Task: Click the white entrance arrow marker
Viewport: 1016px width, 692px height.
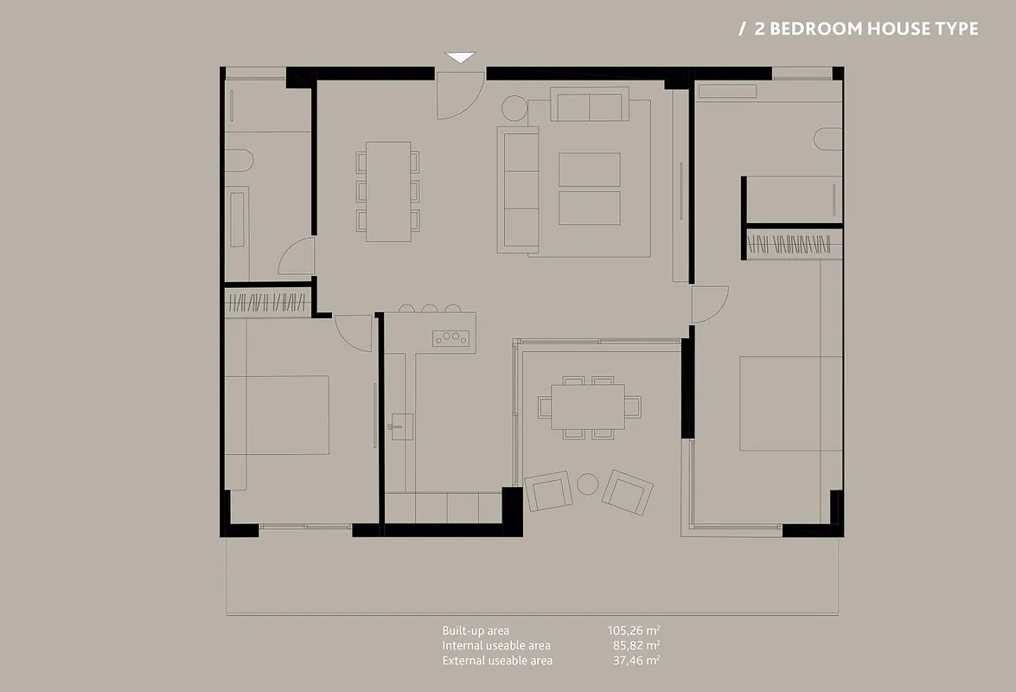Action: point(460,57)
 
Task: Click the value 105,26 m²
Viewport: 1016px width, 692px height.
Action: point(634,631)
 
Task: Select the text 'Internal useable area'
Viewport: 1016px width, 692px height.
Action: point(496,645)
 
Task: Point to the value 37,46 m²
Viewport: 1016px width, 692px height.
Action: point(636,660)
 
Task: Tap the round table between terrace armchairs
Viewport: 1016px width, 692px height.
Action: point(588,484)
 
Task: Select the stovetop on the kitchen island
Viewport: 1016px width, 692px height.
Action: point(451,337)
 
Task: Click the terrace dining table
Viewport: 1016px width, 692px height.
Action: point(588,407)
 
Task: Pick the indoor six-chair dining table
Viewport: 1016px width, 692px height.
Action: point(388,192)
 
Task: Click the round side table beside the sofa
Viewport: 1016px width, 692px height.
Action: point(514,108)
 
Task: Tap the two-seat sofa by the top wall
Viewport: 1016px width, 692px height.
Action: point(590,105)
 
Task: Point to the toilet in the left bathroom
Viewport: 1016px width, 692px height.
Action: point(239,160)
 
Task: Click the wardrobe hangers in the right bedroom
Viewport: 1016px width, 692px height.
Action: point(789,245)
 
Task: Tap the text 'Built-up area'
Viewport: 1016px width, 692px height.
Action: point(476,631)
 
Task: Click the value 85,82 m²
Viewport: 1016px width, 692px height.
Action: point(636,645)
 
